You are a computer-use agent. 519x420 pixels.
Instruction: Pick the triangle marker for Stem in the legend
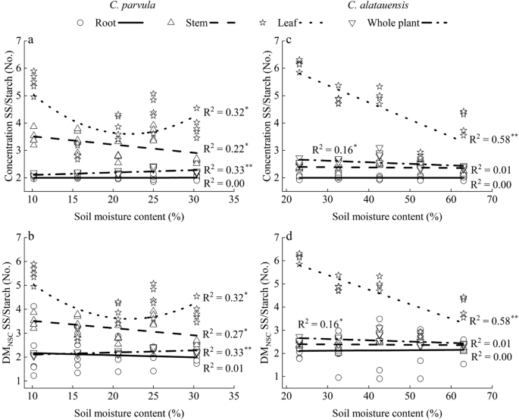pos(172,24)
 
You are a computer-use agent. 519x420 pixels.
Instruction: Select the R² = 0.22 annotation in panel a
pos(227,147)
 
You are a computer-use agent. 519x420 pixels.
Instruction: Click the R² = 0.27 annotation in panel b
pos(227,334)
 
